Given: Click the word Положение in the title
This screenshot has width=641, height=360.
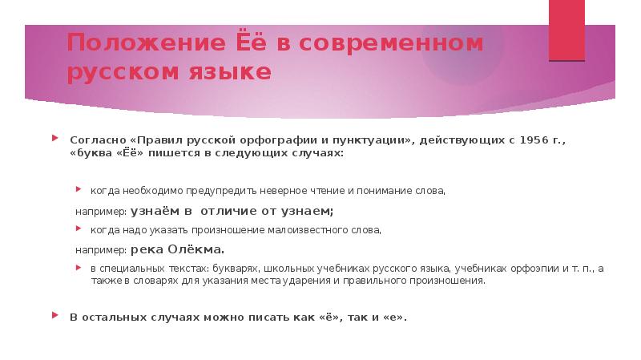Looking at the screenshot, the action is click(147, 43).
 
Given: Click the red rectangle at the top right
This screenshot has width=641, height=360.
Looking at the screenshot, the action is click(566, 30).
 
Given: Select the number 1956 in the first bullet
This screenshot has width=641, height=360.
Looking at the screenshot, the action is click(534, 140).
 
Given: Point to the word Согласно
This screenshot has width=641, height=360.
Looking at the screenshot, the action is click(98, 140).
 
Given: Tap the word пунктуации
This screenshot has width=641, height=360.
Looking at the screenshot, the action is click(371, 140).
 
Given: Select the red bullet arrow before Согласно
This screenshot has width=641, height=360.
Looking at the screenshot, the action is click(55, 138).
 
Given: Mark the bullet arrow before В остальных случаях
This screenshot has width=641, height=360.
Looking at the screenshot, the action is click(55, 315).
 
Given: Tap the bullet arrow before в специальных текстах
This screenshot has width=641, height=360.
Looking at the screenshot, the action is click(79, 268).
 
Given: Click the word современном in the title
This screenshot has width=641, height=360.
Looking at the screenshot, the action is click(391, 43).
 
